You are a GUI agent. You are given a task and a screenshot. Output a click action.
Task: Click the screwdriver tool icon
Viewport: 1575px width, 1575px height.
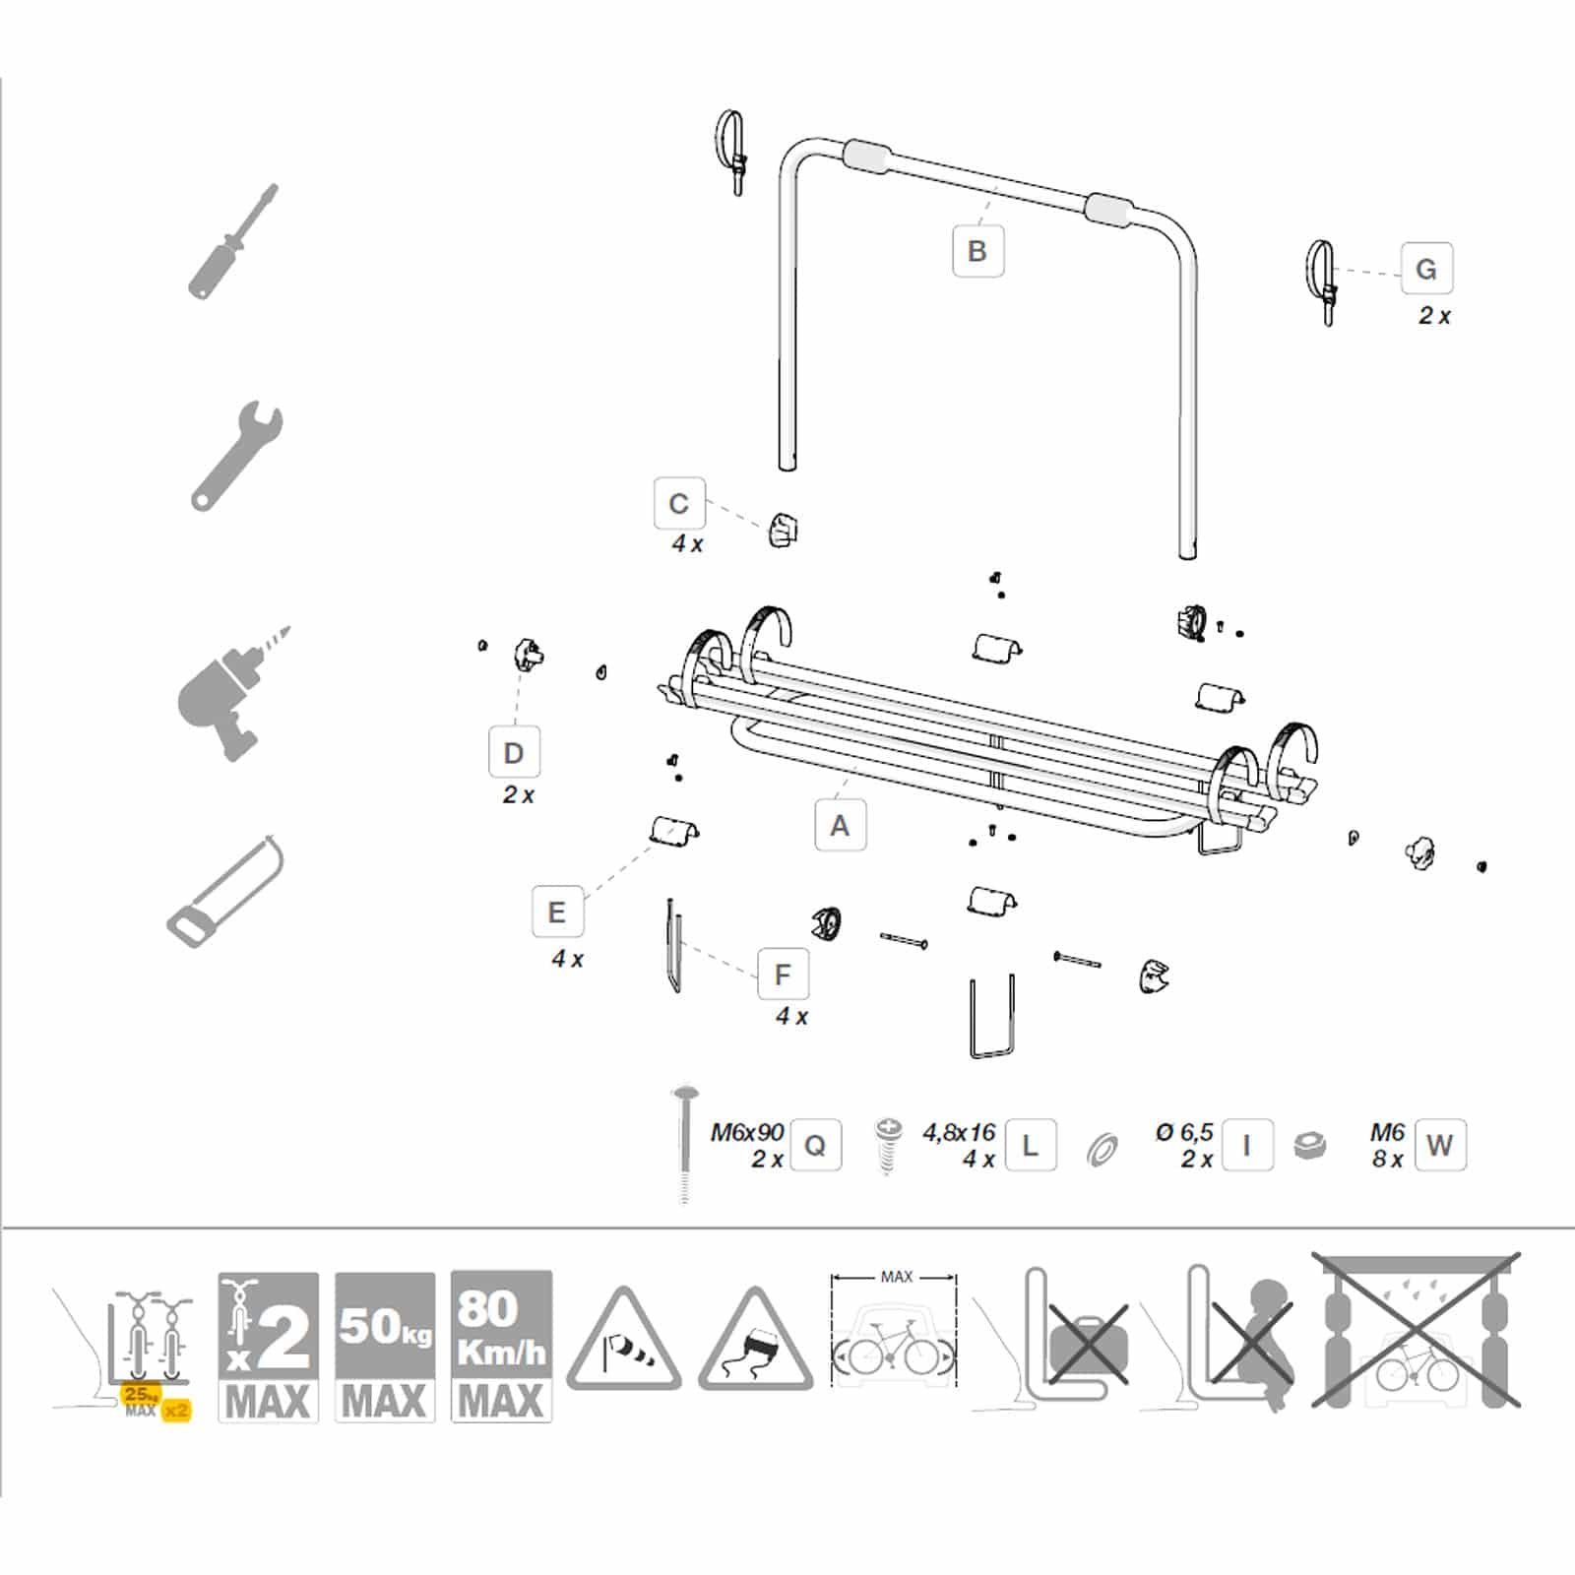tap(234, 241)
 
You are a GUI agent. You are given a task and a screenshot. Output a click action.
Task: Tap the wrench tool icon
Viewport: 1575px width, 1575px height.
tap(237, 456)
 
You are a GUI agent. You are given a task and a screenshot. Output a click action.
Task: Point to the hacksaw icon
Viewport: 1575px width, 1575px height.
tap(225, 891)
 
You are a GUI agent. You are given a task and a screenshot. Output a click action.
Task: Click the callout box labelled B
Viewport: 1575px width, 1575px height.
tap(977, 251)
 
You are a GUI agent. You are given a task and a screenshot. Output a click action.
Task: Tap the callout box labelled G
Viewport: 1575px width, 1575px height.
tap(1426, 268)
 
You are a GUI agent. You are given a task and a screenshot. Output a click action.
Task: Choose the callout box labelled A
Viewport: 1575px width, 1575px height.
tap(840, 825)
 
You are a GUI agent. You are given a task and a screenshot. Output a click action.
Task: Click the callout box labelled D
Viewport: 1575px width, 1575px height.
tap(514, 753)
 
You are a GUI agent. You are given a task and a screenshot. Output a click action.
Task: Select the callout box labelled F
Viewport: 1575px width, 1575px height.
tap(783, 975)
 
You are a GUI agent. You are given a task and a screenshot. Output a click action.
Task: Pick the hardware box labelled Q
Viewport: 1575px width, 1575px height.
tap(816, 1145)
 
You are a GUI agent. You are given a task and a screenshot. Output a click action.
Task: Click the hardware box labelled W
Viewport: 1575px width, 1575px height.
tap(1439, 1145)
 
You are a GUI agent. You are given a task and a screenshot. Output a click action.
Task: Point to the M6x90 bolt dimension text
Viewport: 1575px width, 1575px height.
tap(747, 1132)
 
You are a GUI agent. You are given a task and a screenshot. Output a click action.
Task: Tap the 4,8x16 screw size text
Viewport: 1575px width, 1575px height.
tap(959, 1132)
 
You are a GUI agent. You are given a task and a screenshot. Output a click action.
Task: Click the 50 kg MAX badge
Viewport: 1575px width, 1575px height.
tap(385, 1347)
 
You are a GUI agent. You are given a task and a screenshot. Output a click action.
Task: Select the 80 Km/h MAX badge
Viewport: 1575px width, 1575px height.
tap(501, 1347)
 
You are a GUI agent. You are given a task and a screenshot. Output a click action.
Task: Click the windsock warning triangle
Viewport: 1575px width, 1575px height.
tap(624, 1341)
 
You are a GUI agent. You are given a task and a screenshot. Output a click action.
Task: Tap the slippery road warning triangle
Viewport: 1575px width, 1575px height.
tap(756, 1341)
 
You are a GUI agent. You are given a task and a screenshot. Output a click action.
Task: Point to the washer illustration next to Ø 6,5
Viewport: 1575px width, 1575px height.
tap(1102, 1149)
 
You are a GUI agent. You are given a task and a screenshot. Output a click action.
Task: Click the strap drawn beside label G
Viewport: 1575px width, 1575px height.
tap(1321, 282)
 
